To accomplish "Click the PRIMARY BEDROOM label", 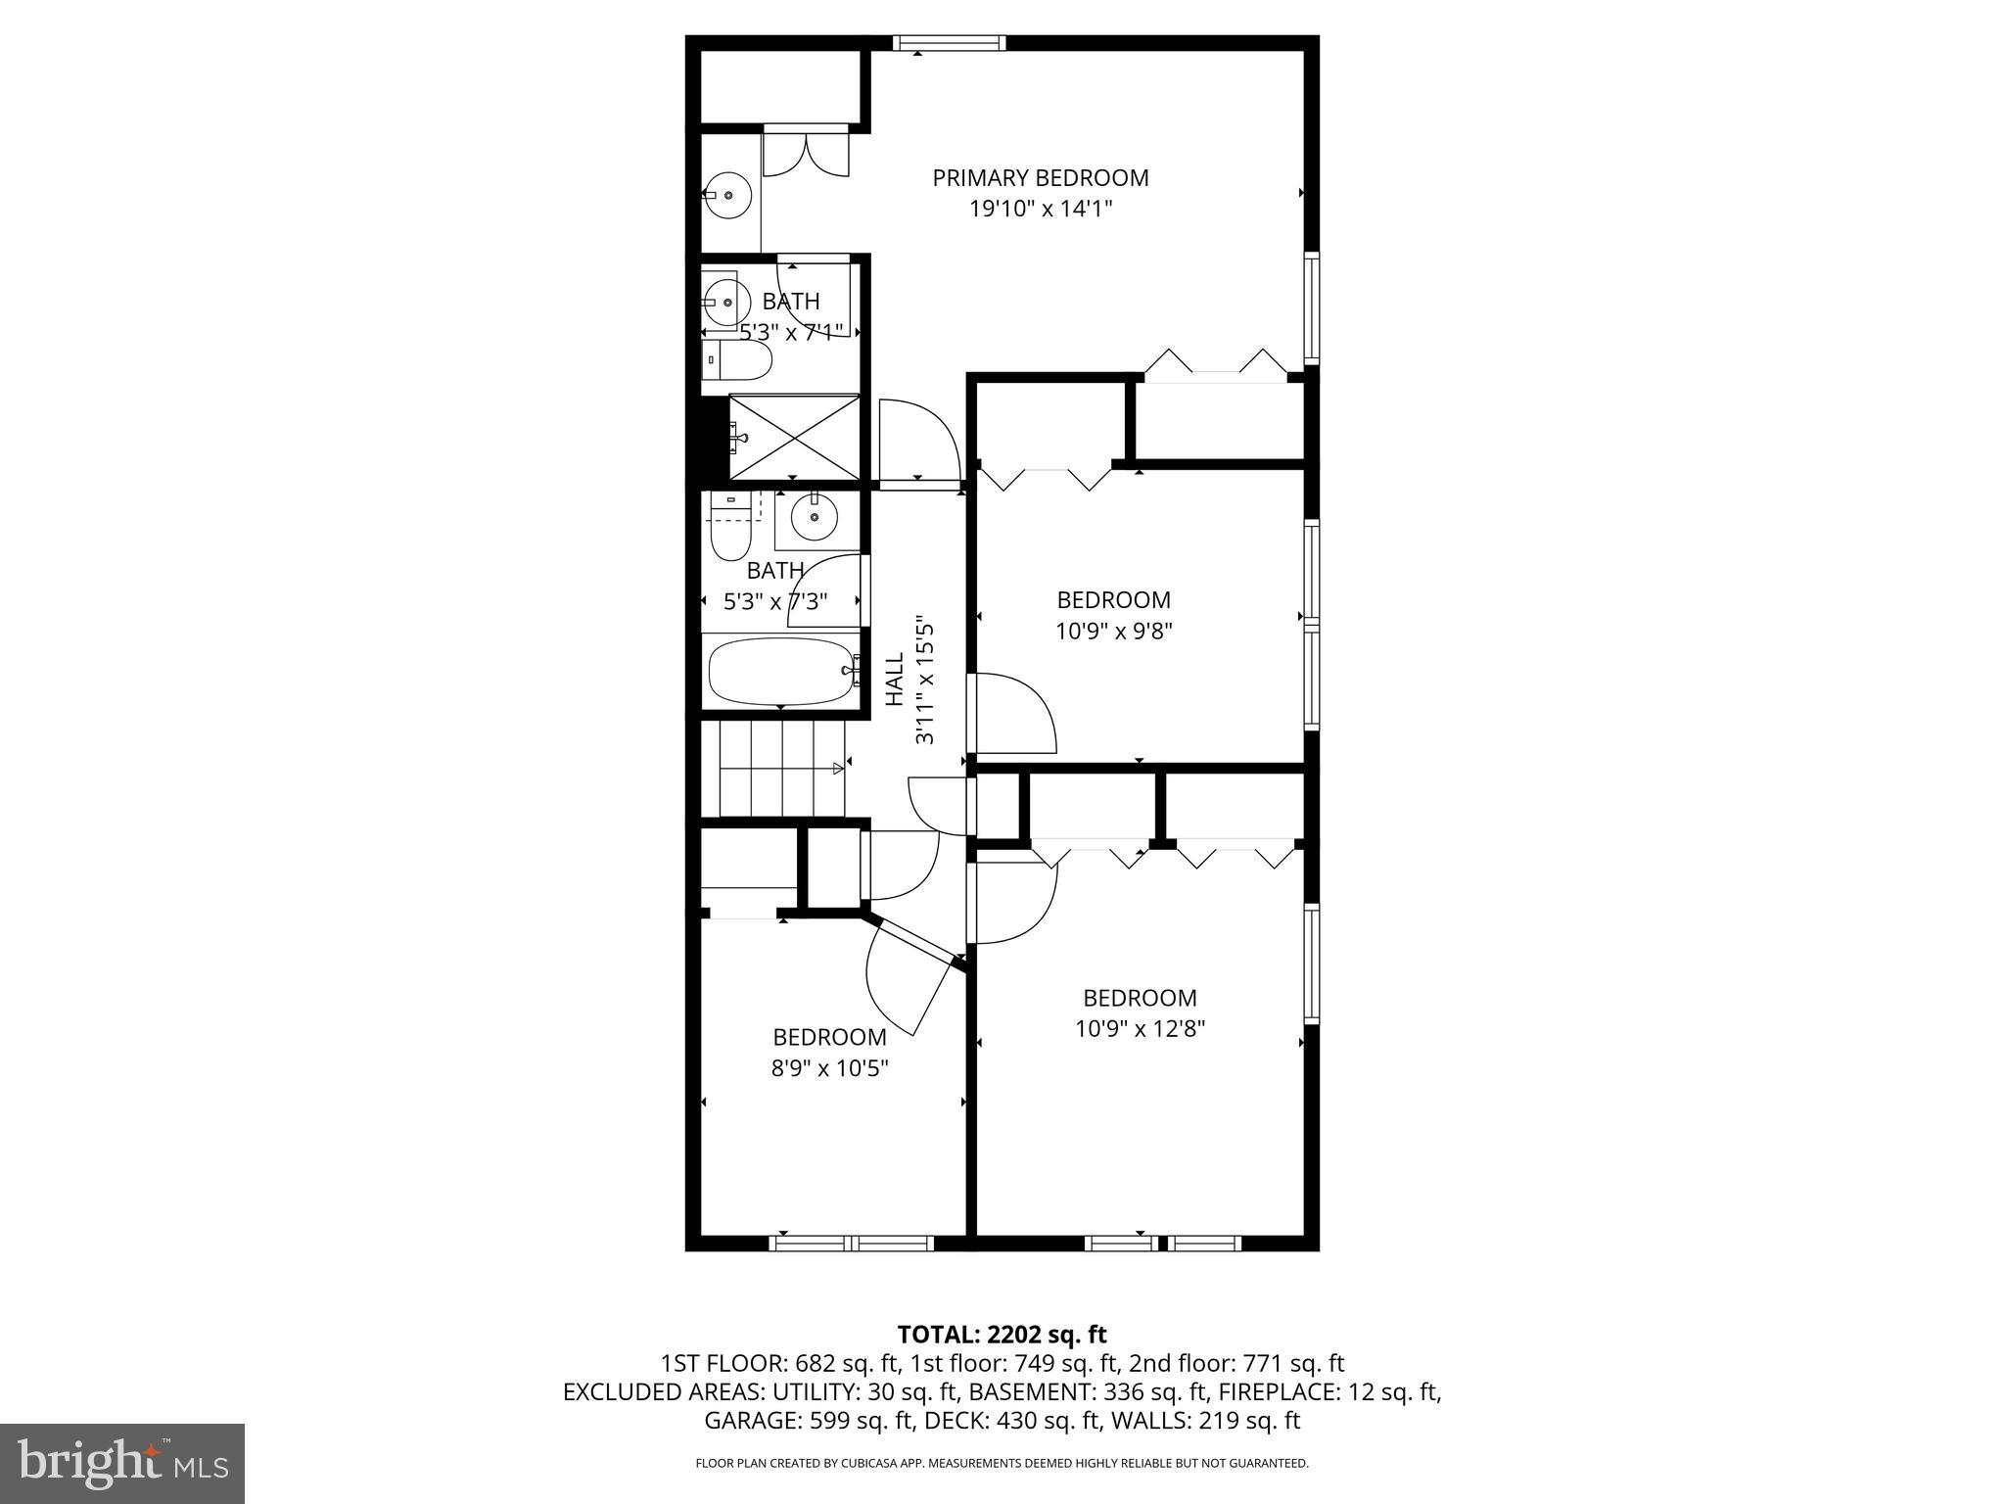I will [1040, 178].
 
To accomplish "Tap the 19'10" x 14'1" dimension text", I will [1042, 209].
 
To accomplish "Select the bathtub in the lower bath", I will [780, 672].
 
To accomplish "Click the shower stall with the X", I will [794, 437].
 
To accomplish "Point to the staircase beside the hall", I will [781, 769].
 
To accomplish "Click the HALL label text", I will [895, 679].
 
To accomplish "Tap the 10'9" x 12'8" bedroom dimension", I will [1140, 1029].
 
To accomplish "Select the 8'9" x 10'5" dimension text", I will [829, 1068].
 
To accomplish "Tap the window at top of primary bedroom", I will [949, 42].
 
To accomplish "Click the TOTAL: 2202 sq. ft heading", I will [1002, 1335].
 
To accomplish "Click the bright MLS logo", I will [122, 1464].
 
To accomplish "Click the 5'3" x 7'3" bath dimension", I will [775, 601].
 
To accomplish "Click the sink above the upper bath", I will [727, 196].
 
